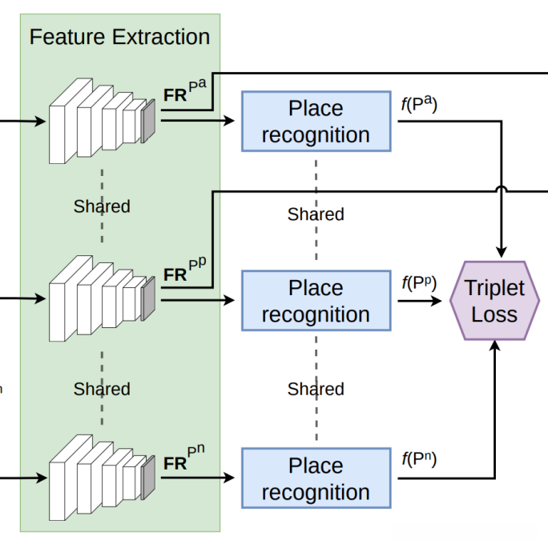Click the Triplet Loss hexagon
[494, 302]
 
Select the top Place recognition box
[316, 122]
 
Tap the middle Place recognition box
[316, 301]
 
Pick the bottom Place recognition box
[316, 478]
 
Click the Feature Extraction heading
[119, 37]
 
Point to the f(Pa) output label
[418, 105]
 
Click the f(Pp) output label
[418, 283]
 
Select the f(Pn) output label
[418, 460]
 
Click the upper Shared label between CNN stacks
[102, 206]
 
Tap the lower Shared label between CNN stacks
[102, 390]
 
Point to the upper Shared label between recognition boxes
[316, 214]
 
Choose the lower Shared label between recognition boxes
[316, 390]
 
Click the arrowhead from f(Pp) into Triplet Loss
[437, 302]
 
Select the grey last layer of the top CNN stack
[147, 121]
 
